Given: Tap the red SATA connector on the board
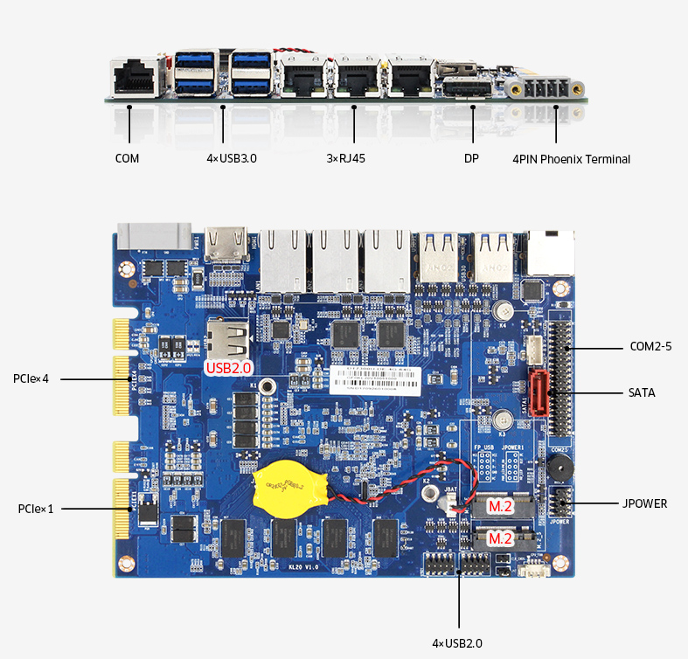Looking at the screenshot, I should click(x=539, y=394).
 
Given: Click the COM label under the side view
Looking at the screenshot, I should click(x=127, y=159).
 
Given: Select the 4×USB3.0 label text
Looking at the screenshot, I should click(x=232, y=159).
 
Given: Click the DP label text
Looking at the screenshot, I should click(x=471, y=159).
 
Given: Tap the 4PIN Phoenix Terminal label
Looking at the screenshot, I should click(x=571, y=159).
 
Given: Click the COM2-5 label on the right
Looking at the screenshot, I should click(x=650, y=346).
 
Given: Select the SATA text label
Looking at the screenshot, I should click(x=642, y=393).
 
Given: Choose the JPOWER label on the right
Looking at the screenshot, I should click(x=644, y=503).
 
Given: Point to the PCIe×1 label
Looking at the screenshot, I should click(x=34, y=508).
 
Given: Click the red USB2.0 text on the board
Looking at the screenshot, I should click(x=228, y=369).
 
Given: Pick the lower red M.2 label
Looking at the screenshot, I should click(x=499, y=538).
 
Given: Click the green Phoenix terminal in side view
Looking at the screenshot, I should click(x=542, y=88).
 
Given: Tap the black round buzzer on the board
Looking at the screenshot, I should click(x=553, y=470).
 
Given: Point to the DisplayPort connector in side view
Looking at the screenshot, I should click(x=464, y=87).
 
